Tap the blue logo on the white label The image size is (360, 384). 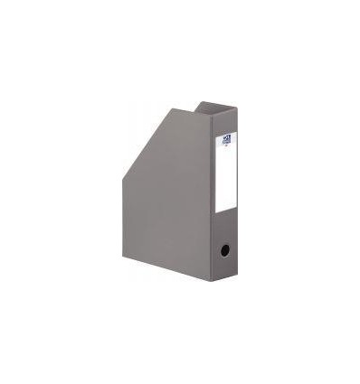click(x=226, y=139)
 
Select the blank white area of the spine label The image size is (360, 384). click(x=225, y=181)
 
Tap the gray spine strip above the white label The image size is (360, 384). click(x=225, y=123)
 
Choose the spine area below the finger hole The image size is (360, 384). click(x=224, y=269)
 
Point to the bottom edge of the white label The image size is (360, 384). click(x=225, y=211)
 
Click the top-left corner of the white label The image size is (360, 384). click(x=216, y=135)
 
